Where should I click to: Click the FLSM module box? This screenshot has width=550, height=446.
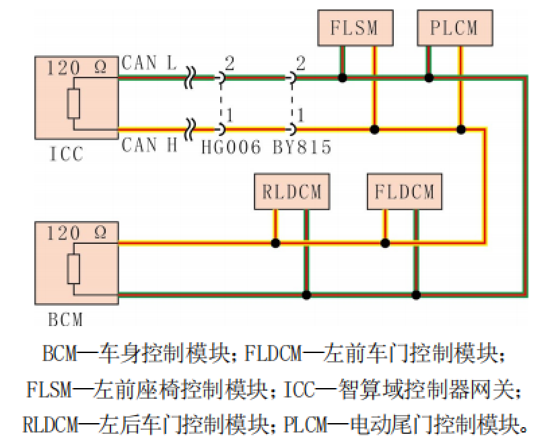pos(354,28)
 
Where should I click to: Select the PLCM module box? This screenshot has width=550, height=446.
pos(454,28)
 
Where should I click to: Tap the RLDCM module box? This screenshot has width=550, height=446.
pos(291,191)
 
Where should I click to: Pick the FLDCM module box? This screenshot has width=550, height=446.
pos(404,191)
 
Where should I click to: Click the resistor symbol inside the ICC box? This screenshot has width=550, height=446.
pos(74,103)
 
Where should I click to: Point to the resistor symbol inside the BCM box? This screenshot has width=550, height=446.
pos(74,268)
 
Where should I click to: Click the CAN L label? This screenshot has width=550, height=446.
pos(149,64)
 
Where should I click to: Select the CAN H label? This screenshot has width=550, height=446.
pos(149,144)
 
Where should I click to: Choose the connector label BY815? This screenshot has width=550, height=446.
pos(302,148)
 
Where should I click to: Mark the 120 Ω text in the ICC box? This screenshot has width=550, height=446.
pos(77,67)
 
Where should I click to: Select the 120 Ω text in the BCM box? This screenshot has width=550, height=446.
pos(77,234)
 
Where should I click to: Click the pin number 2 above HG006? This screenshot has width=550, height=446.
pos(230,64)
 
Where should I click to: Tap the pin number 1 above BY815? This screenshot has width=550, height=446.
pos(300,115)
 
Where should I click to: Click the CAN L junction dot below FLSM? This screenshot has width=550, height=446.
pos(343,78)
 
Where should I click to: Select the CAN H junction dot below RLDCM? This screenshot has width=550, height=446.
pos(275,243)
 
